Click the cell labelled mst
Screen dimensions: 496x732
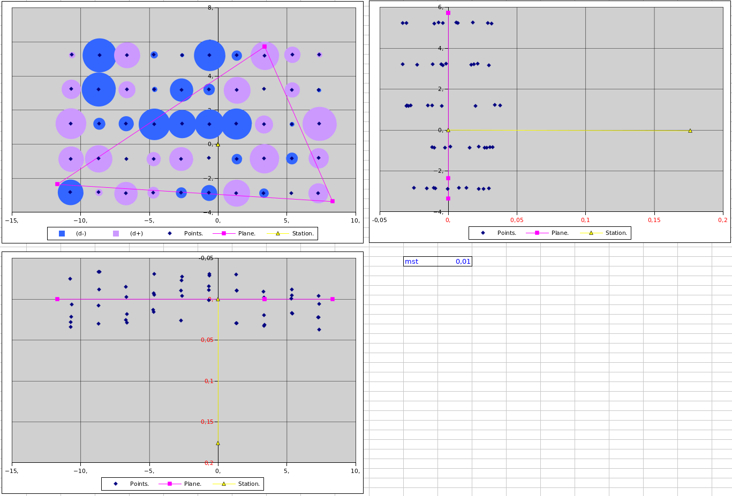(x=412, y=262)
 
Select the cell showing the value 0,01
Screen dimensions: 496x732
(x=463, y=262)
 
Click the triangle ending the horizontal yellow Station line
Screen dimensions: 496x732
(x=690, y=131)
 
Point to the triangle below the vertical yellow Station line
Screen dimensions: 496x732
(x=218, y=443)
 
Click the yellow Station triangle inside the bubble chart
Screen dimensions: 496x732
(x=218, y=144)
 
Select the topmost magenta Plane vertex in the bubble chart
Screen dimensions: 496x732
(x=265, y=47)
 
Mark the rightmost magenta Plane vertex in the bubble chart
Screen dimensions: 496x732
(x=333, y=201)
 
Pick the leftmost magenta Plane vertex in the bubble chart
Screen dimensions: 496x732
(x=57, y=184)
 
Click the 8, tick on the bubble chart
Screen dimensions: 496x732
(x=209, y=8)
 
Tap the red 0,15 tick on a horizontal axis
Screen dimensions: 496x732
(x=654, y=220)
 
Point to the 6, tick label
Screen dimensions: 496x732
(x=440, y=7)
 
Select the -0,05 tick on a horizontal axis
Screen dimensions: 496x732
(x=380, y=220)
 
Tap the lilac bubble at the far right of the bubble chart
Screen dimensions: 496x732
(x=319, y=124)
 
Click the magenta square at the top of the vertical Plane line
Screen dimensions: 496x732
(x=448, y=12)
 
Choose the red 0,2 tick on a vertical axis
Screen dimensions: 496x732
(x=208, y=463)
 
